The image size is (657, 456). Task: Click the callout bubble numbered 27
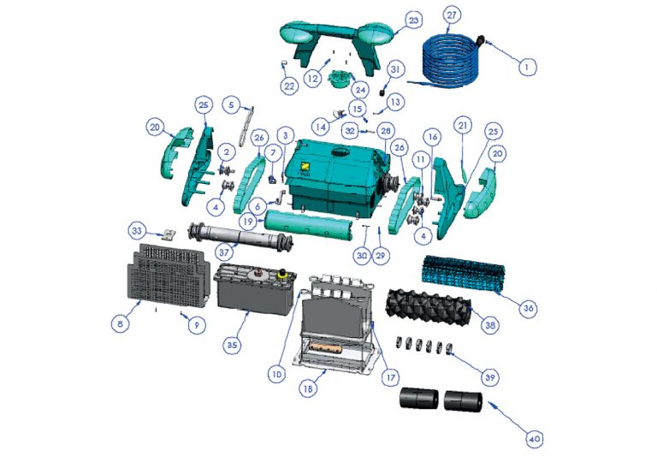click(452, 15)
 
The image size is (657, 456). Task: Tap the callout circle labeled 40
click(534, 439)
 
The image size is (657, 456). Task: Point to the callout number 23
click(413, 21)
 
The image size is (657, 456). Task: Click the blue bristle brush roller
click(464, 272)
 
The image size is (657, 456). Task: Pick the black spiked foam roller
click(429, 306)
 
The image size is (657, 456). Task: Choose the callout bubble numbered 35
click(232, 346)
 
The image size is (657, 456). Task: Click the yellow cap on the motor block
click(282, 273)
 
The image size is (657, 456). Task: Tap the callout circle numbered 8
click(121, 323)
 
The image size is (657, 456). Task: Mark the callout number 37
click(225, 252)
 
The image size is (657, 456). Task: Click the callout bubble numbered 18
click(308, 388)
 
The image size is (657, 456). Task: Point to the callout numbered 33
click(137, 231)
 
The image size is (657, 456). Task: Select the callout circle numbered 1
click(528, 66)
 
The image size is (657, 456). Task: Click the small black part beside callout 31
click(382, 92)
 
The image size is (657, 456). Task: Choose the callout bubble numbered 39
click(490, 377)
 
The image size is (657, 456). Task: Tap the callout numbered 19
click(248, 221)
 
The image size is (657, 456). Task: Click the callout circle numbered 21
click(463, 125)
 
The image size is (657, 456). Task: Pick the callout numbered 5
click(232, 104)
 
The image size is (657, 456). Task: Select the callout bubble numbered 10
click(277, 374)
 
